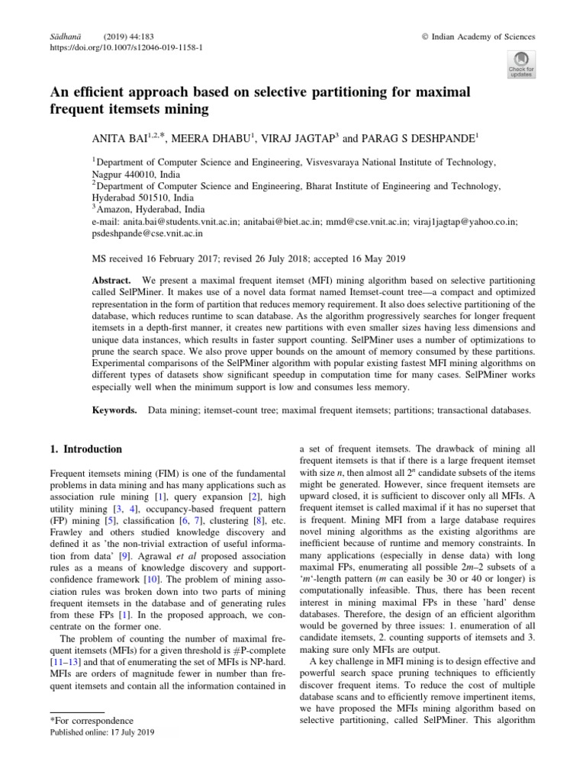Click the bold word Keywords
pyautogui.click(x=114, y=410)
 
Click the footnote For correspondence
pyautogui.click(x=92, y=720)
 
